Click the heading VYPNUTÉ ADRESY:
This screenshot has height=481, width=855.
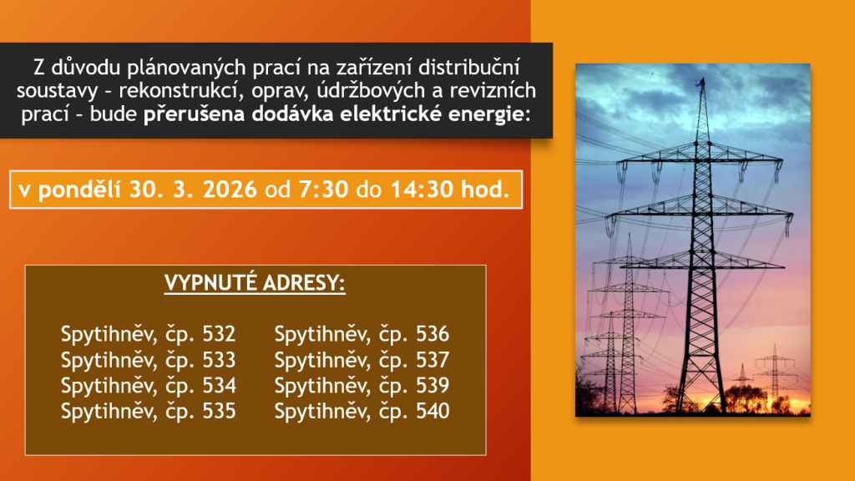click(x=255, y=284)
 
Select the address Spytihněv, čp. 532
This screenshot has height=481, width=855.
click(x=148, y=334)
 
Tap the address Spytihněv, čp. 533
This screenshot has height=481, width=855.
click(x=148, y=360)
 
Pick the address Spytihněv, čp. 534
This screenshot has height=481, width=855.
click(x=148, y=386)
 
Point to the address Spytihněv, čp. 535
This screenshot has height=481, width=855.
click(x=148, y=411)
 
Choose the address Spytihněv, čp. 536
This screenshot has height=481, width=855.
click(x=362, y=334)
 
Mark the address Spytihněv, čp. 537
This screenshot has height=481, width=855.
click(x=362, y=360)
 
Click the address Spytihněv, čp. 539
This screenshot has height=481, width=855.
click(x=362, y=386)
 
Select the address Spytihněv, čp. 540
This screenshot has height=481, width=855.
click(x=362, y=411)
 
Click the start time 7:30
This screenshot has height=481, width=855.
click(x=323, y=190)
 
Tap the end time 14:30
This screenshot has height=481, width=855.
click(x=422, y=190)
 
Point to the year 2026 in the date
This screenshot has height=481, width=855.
click(x=229, y=190)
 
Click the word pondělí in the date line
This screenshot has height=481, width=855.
click(x=79, y=190)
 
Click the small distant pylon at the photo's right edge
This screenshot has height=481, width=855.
click(x=774, y=377)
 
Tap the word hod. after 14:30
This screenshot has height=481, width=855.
click(x=485, y=190)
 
